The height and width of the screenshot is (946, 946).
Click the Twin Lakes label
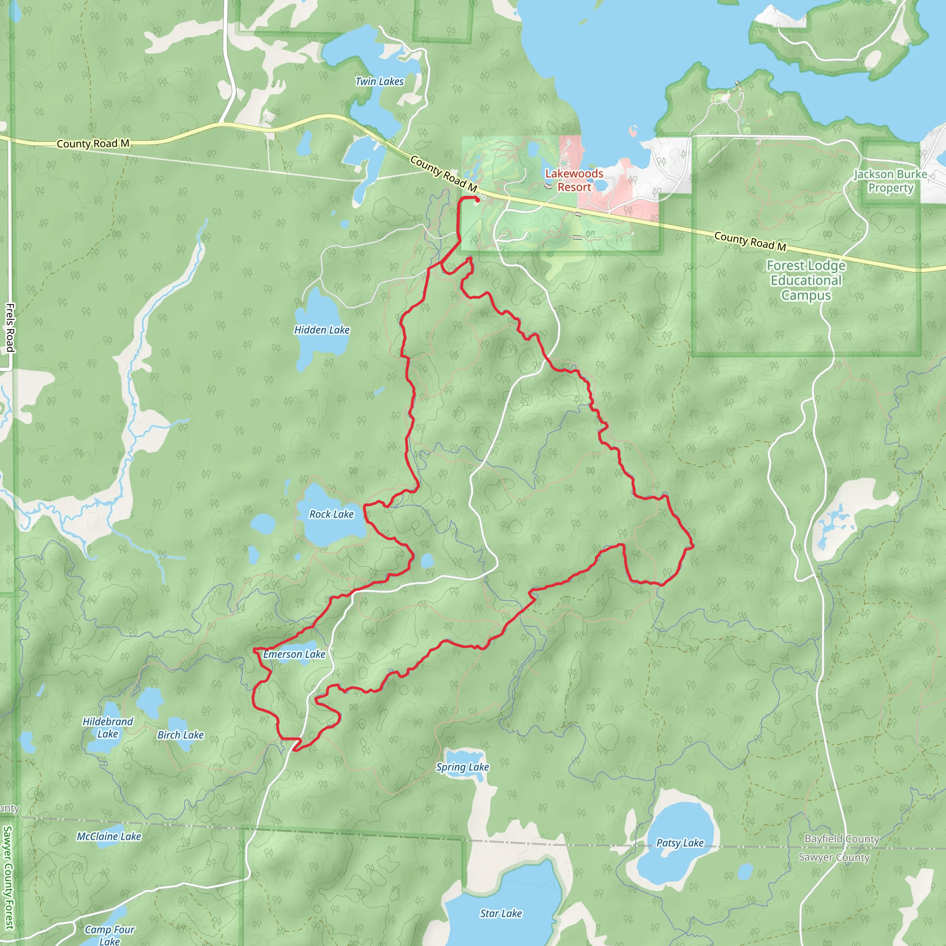[380, 82]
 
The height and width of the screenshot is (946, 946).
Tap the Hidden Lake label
[321, 330]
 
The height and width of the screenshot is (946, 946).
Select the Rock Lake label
[332, 514]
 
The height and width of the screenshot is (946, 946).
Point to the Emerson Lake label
[294, 654]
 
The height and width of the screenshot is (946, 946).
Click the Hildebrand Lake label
[108, 728]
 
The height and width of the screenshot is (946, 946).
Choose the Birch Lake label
[180, 735]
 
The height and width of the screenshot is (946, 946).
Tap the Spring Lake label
[462, 767]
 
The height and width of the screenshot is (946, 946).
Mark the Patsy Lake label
[679, 843]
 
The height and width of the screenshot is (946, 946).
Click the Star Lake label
[501, 913]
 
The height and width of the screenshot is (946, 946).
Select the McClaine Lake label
[109, 837]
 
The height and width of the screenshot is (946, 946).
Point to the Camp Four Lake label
[109, 935]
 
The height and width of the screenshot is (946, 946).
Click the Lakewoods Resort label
[574, 180]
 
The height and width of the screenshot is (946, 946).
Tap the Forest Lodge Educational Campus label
[806, 280]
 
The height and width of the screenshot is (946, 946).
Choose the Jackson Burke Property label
[891, 181]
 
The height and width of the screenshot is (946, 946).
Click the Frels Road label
[10, 327]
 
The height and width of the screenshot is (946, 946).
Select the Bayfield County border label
[842, 839]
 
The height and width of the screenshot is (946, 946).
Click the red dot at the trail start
[478, 200]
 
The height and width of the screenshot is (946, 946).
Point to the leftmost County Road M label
[93, 144]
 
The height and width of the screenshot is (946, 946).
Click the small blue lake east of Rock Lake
[427, 561]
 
